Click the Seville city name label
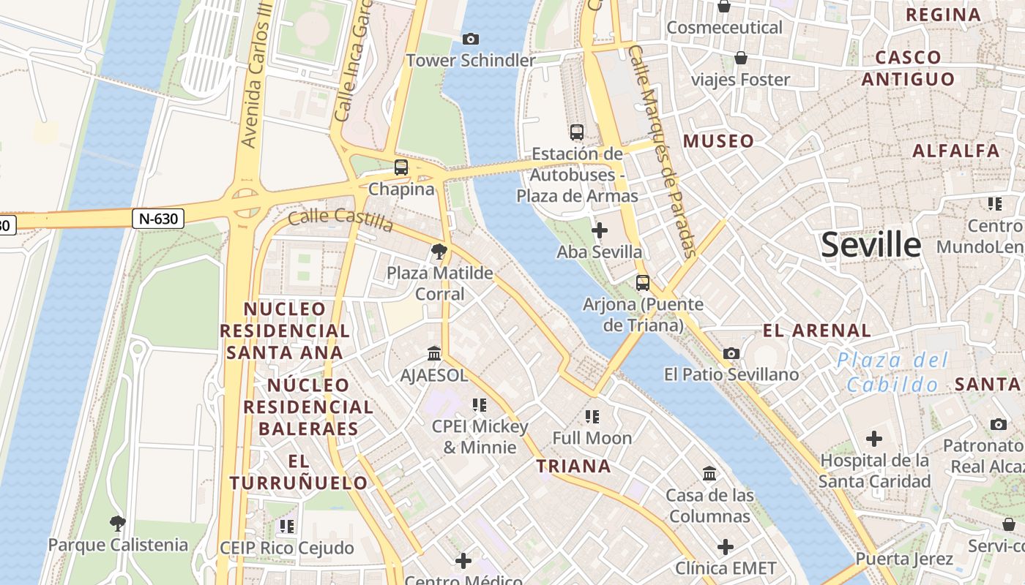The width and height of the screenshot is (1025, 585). [x=871, y=245]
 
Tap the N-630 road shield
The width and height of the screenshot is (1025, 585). [x=158, y=219]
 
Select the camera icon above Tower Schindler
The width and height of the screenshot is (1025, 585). [x=471, y=39]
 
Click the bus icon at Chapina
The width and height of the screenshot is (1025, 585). [x=400, y=167]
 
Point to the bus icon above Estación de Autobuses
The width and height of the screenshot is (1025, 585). [x=577, y=132]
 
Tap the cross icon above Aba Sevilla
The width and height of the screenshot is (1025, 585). [x=599, y=231]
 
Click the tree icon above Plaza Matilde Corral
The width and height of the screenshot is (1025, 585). [x=439, y=252]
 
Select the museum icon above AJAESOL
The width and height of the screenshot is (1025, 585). [x=434, y=354]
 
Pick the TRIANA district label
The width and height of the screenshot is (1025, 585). [x=573, y=467]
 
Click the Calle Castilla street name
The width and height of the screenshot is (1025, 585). [x=340, y=219]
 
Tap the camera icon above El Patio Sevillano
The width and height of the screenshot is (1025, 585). [x=731, y=354]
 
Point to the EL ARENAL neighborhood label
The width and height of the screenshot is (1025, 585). [x=817, y=331]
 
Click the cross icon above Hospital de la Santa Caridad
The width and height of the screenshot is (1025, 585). [x=873, y=439]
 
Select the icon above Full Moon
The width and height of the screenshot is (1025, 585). [x=592, y=417]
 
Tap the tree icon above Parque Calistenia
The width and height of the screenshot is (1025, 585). [x=117, y=524]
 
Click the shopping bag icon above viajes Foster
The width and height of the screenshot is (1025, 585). [x=741, y=58]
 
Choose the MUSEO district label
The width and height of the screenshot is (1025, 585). [x=718, y=141]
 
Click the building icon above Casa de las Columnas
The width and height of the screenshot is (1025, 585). [x=709, y=474]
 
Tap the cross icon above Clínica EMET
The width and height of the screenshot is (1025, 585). [x=725, y=547]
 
